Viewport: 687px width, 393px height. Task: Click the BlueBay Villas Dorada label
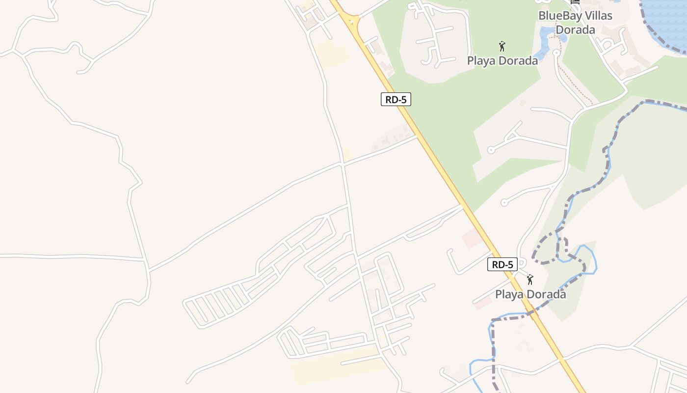click(x=575, y=23)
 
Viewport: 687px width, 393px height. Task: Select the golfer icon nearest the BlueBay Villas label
click(x=502, y=47)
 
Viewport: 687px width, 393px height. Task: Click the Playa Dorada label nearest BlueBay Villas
click(x=502, y=61)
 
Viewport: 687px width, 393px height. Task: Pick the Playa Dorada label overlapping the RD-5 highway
click(x=530, y=294)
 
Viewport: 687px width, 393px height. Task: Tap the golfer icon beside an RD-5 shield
click(x=529, y=280)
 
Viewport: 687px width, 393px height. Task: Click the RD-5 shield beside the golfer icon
click(x=502, y=265)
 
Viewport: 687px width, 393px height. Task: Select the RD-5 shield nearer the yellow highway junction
click(x=396, y=100)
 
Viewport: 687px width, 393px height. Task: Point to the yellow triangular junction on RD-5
click(x=351, y=20)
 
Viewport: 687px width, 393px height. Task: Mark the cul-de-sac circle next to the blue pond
click(x=556, y=53)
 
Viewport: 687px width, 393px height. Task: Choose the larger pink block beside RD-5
click(x=472, y=239)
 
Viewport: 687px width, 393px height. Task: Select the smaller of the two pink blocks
click(x=483, y=303)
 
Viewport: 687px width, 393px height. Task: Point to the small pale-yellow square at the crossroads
click(x=347, y=154)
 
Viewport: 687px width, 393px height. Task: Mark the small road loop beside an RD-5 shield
click(x=522, y=263)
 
